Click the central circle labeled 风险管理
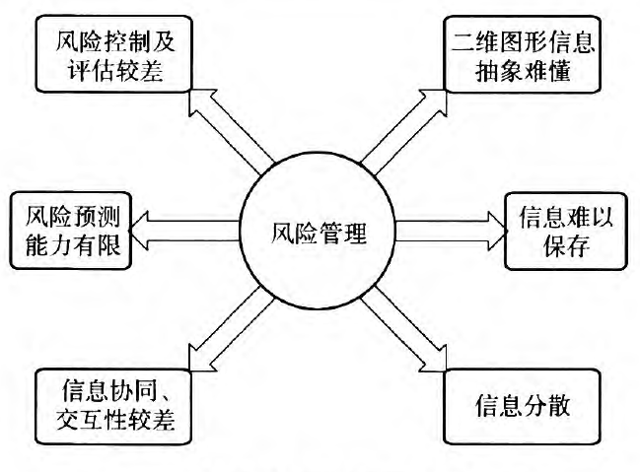click(x=318, y=231)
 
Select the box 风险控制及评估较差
click(x=113, y=54)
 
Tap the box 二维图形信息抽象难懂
click(x=522, y=54)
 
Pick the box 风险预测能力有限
click(x=71, y=231)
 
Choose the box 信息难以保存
click(x=566, y=231)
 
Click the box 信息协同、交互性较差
click(x=113, y=406)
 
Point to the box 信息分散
click(x=522, y=406)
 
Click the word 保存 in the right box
click(x=566, y=245)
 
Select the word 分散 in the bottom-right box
click(x=545, y=406)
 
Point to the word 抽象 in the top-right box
click(x=499, y=71)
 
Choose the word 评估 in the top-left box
click(x=91, y=71)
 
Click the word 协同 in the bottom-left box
click(x=133, y=390)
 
